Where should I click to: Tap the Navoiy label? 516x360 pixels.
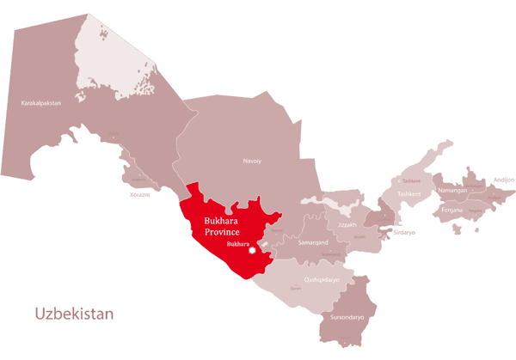[x=252, y=161]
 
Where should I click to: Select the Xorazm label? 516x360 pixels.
[x=139, y=195]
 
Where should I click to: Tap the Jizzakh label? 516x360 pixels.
[x=347, y=224]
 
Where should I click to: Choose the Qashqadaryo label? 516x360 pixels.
[x=322, y=280]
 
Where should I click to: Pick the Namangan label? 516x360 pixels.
[x=452, y=190]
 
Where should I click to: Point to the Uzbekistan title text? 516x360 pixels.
[x=73, y=314]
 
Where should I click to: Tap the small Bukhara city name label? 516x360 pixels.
[x=236, y=244]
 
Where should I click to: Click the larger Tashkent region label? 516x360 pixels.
[x=409, y=194]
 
